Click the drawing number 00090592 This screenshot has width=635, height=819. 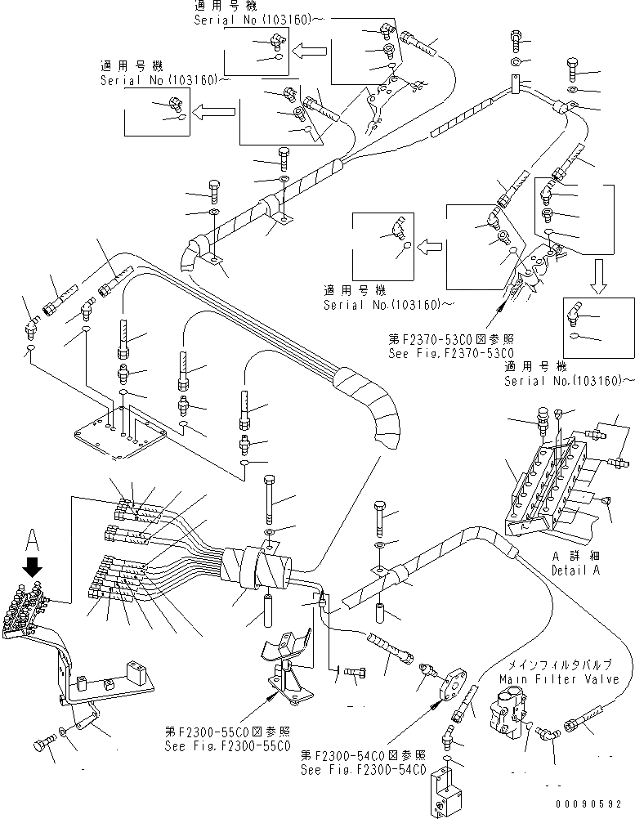click(588, 804)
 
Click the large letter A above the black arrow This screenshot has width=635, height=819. click(33, 540)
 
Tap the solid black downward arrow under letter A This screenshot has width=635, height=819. click(34, 566)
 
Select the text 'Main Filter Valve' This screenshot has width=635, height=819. click(559, 679)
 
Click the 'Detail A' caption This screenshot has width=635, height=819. click(576, 570)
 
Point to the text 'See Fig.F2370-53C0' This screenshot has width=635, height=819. click(450, 353)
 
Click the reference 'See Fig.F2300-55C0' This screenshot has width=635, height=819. click(228, 746)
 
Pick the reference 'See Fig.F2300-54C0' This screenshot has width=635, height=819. click(364, 769)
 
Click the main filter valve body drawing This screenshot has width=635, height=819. click(507, 713)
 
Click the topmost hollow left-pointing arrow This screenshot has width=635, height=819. click(309, 51)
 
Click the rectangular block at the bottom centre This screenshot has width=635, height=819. click(447, 794)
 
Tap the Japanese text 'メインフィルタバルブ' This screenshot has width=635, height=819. click(559, 665)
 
